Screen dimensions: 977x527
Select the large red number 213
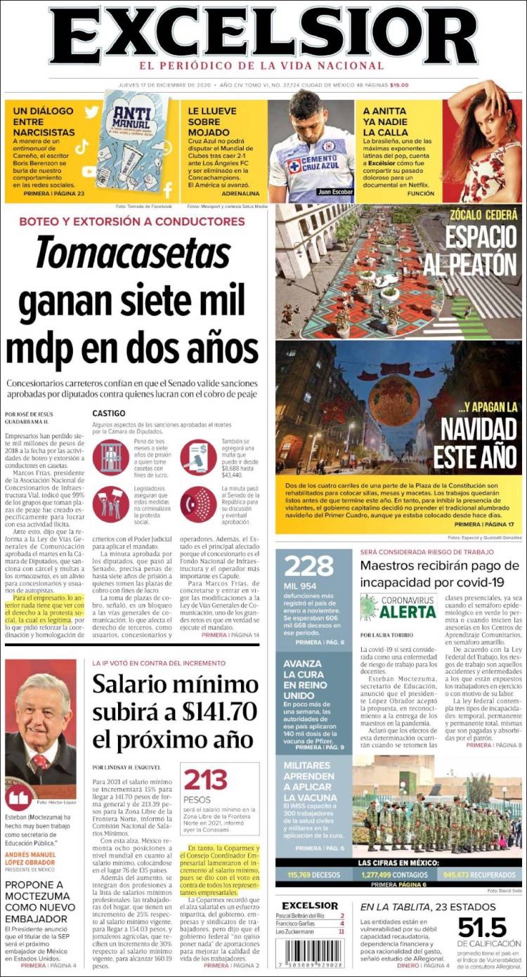(206, 780)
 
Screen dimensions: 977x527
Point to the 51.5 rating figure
(482, 927)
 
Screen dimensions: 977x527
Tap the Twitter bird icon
(91, 112)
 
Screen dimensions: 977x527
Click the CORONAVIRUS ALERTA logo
(399, 607)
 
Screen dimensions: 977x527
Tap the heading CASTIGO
(109, 414)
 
